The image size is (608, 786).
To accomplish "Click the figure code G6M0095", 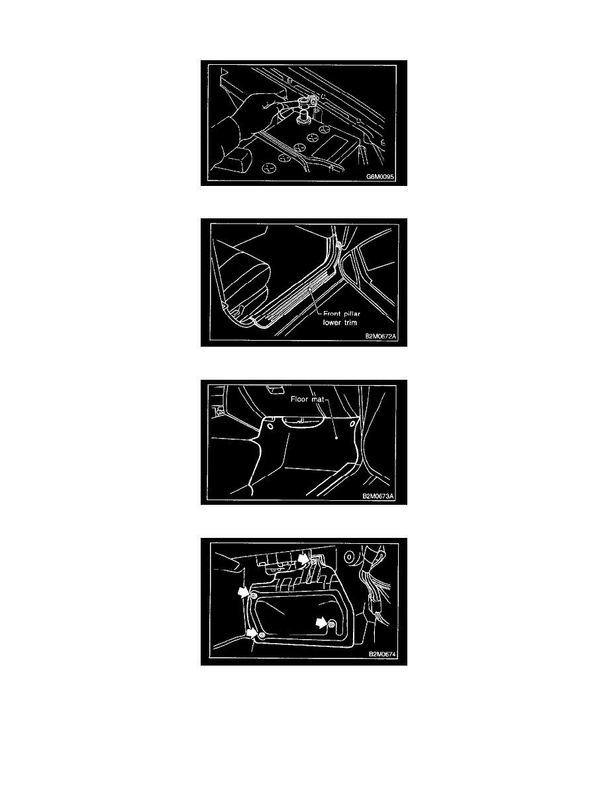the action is coord(380,177).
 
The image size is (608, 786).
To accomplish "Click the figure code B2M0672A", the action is coord(381,336).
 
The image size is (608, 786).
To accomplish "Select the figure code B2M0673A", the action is coord(378,496).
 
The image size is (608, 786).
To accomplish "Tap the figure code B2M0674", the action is coord(383,654).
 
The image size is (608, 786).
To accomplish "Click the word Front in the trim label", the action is coord(332,314).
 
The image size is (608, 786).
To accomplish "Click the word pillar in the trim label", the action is coord(352,314).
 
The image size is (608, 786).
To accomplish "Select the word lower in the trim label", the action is coord(332,322).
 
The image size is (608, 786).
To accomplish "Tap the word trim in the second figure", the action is coord(350,322).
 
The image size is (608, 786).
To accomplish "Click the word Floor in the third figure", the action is coord(299,399).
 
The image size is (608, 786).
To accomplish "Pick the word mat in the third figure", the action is coord(317,400).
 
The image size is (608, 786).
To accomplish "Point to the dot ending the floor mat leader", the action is coord(336,437).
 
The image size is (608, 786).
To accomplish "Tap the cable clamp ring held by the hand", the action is coord(305,103).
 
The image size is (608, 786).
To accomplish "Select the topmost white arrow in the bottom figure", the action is coord(303,558).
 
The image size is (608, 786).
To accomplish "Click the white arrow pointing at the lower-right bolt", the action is coord(321,623).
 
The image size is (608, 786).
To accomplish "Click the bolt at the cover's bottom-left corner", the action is coord(262,635).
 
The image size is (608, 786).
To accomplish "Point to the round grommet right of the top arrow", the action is coord(348,557).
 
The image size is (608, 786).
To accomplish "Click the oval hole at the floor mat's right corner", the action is coord(352,424).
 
